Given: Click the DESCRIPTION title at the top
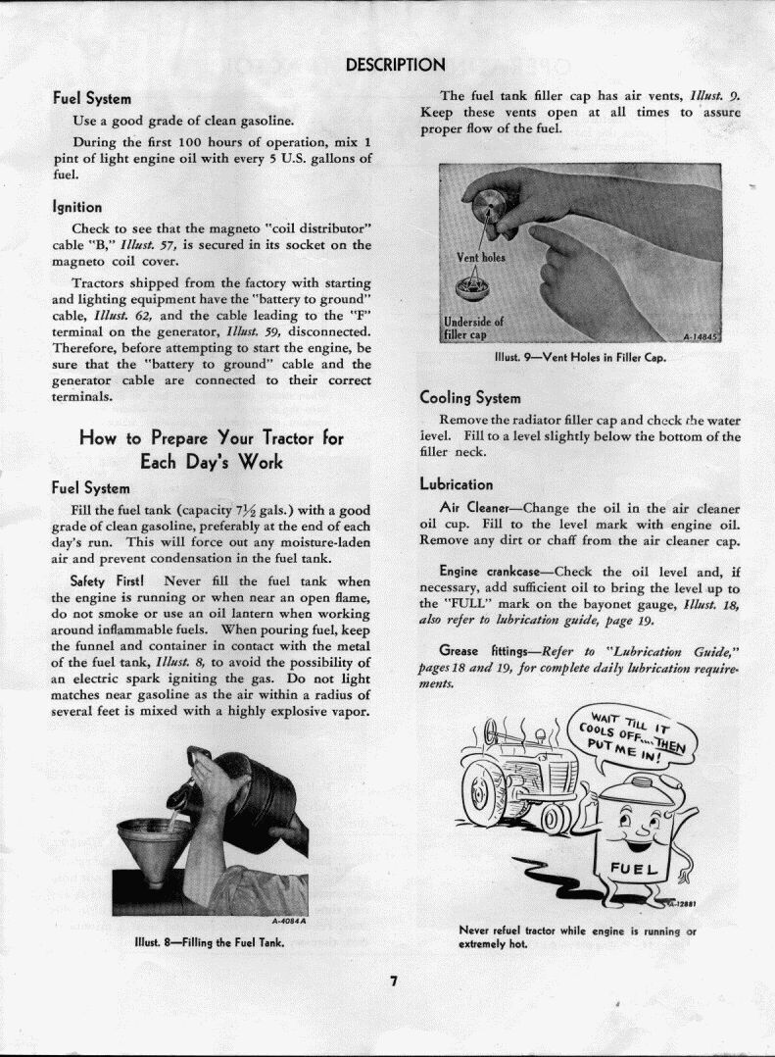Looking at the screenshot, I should pos(396,66).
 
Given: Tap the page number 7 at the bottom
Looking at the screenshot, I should pos(392,983).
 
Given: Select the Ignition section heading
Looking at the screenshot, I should pos(76,207).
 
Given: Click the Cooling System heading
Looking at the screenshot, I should pos(470,398).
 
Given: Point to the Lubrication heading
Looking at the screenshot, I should pos(457,484).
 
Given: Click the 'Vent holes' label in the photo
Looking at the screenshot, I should pos(481,259).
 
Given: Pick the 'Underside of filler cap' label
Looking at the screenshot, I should pos(473,327).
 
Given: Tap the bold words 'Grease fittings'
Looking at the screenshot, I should pos(475,651).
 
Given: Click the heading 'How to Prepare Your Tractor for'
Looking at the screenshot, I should pos(211,437).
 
